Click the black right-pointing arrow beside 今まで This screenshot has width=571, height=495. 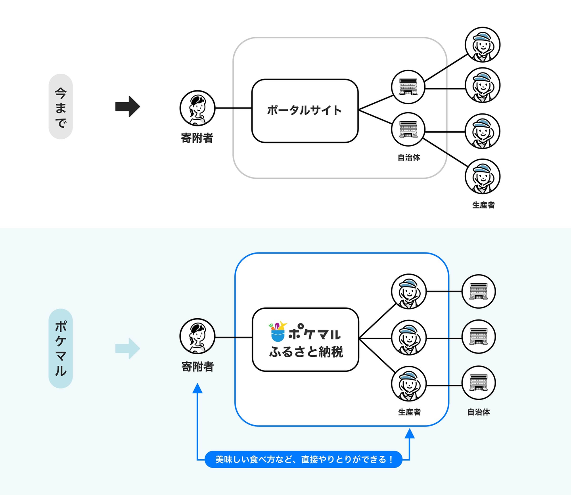click(x=127, y=106)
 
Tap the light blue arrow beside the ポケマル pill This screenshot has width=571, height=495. click(x=127, y=348)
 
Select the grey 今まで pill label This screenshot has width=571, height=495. click(x=61, y=107)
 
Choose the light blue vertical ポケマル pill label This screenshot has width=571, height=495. click(x=61, y=348)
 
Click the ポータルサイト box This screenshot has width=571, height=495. click(x=305, y=111)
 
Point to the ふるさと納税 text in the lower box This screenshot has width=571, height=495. click(x=306, y=352)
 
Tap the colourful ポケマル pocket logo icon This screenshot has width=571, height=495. click(x=278, y=332)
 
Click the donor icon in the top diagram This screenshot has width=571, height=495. click(x=197, y=108)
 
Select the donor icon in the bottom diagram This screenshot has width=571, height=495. click(x=197, y=336)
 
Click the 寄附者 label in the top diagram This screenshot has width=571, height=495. click(x=197, y=138)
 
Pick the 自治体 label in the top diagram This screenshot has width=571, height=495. click(x=409, y=157)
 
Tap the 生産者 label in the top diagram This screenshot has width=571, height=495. click(x=483, y=205)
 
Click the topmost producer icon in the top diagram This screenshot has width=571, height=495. click(x=483, y=45)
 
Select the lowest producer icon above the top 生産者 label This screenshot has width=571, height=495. click(x=483, y=177)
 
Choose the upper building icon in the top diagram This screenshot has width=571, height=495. click(x=408, y=87)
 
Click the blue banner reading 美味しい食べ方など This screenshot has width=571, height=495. click(x=303, y=459)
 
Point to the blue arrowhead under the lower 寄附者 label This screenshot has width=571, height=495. click(x=197, y=388)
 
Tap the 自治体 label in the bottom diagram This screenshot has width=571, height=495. click(x=479, y=412)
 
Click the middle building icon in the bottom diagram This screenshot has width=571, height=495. click(x=479, y=337)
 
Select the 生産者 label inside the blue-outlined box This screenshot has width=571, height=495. click(x=409, y=412)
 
